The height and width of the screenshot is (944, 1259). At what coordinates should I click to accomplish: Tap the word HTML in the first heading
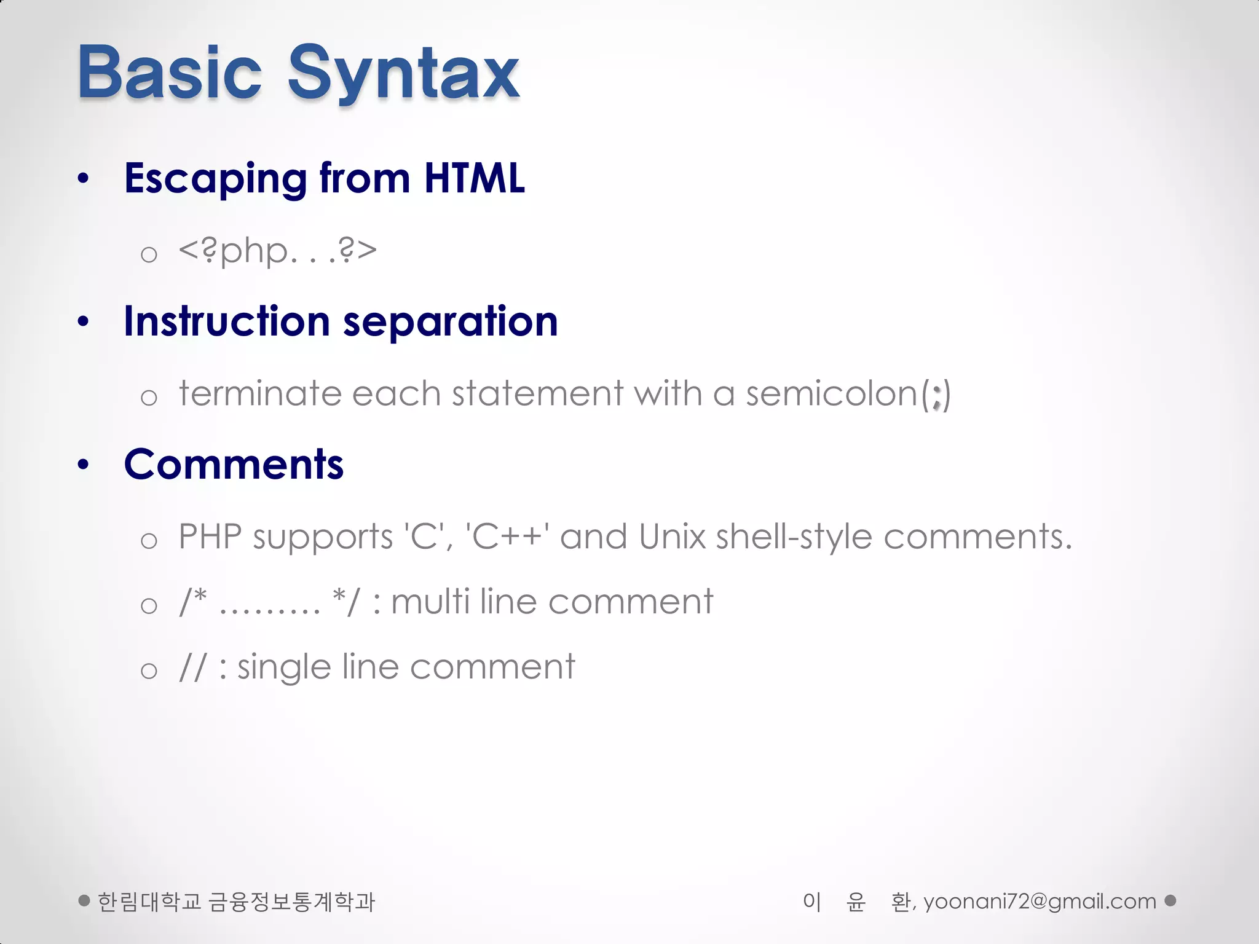tap(474, 178)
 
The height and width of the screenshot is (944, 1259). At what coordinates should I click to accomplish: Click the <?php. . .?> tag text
tap(277, 251)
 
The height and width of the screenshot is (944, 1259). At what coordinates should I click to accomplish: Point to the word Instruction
tap(227, 321)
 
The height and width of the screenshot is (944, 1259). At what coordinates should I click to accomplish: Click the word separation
tap(450, 323)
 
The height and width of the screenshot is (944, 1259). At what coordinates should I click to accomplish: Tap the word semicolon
tap(832, 393)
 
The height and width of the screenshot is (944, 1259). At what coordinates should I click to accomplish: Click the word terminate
tap(260, 393)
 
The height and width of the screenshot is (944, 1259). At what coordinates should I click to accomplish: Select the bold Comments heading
tap(234, 465)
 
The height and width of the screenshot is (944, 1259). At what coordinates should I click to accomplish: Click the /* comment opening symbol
tap(193, 601)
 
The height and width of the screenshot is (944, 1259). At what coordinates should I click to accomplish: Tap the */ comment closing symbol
tap(345, 601)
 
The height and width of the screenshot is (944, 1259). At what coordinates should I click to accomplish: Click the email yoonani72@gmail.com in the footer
tap(1040, 902)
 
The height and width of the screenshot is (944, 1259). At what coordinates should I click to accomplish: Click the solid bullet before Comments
tap(84, 465)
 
